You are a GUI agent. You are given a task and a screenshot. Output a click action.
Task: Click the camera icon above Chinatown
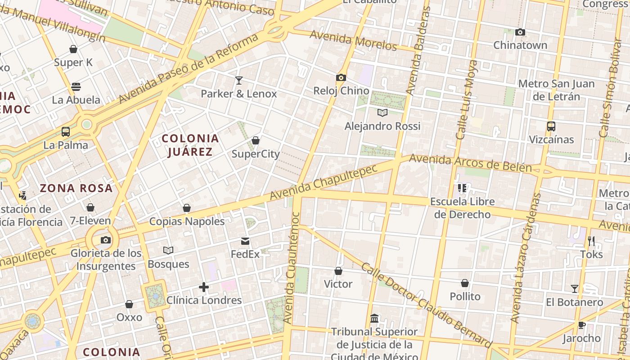(x=520, y=32)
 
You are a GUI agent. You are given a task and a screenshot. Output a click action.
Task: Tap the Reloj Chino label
(x=341, y=91)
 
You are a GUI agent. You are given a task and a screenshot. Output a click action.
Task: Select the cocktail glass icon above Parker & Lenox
(x=239, y=81)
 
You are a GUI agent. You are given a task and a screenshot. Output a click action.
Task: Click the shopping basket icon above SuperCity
(x=256, y=141)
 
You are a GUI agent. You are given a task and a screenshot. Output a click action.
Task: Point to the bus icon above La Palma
(x=66, y=132)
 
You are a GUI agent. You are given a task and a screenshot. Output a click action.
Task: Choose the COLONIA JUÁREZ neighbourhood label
(x=190, y=145)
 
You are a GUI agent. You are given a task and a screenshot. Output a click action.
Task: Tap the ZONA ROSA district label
(x=76, y=188)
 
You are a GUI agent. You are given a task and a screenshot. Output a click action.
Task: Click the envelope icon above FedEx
(x=245, y=241)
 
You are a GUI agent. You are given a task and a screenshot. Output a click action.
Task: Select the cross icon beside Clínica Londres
(x=204, y=287)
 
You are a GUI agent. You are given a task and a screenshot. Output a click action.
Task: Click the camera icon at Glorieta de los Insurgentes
(x=106, y=240)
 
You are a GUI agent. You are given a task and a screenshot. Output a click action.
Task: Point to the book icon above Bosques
(x=168, y=250)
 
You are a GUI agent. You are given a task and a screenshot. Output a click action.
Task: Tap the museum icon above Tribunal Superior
(x=374, y=319)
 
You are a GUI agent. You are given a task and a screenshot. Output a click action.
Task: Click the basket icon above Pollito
(x=465, y=283)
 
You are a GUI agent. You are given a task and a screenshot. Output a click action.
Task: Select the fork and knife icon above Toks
(x=591, y=241)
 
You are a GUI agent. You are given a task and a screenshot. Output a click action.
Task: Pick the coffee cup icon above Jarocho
(x=581, y=325)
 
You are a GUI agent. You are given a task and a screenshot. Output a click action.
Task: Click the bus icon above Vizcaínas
(x=551, y=126)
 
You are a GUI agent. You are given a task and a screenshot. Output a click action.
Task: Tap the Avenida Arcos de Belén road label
(x=470, y=164)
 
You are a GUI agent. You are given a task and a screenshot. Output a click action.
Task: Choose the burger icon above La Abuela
(x=76, y=87)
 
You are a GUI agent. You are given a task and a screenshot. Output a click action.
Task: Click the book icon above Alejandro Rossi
(x=382, y=112)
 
